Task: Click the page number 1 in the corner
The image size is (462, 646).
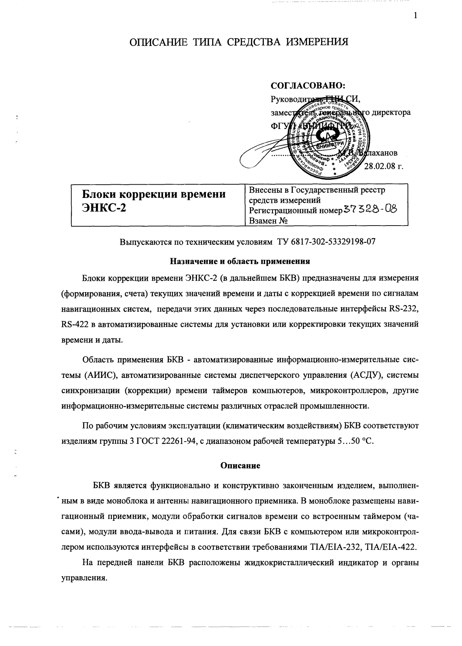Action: [415, 16]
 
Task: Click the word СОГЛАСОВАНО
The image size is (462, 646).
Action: [308, 86]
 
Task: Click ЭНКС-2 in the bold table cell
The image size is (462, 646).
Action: [104, 208]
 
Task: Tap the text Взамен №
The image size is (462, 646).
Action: [268, 221]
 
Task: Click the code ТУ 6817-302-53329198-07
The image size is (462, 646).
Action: [326, 242]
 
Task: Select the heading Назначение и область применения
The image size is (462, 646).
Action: [240, 261]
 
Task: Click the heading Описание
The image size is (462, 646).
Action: [240, 465]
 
